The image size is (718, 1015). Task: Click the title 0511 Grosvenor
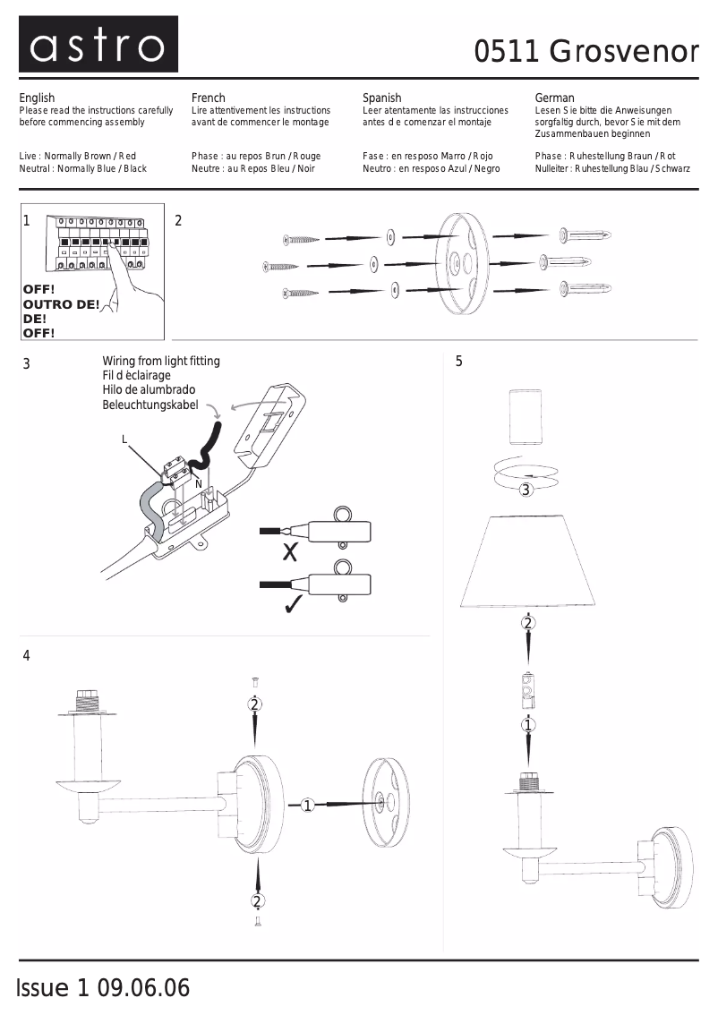[586, 53]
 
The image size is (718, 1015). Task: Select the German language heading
[554, 98]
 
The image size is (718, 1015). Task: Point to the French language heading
[209, 98]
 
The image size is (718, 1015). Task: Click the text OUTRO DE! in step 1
[61, 304]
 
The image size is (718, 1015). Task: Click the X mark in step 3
[289, 552]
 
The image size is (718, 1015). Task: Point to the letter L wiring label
[124, 439]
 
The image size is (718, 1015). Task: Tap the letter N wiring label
[198, 484]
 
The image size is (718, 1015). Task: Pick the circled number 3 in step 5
[526, 489]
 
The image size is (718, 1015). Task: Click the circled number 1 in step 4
[308, 806]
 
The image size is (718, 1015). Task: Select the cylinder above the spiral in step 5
[526, 417]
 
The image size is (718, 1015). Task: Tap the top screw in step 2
[301, 239]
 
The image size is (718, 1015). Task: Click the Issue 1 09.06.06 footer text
[103, 988]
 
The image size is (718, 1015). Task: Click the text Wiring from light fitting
[161, 362]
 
